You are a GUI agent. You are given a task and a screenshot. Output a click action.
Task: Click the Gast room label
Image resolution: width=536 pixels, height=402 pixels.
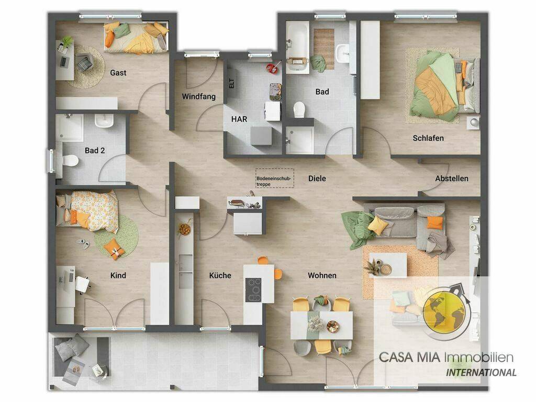point(118,73)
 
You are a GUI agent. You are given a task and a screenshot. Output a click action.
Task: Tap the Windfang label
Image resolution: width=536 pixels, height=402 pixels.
point(198,97)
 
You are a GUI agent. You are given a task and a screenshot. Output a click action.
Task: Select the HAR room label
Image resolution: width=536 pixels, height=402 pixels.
point(239,119)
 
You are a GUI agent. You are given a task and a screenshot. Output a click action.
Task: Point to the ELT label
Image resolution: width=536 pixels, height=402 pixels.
point(232,83)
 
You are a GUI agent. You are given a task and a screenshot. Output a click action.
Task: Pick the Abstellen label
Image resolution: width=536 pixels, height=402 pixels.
point(452,178)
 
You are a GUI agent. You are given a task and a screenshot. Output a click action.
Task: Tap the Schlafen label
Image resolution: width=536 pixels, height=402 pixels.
point(428,138)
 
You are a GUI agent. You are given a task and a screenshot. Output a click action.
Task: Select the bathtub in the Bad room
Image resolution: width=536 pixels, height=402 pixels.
point(297,47)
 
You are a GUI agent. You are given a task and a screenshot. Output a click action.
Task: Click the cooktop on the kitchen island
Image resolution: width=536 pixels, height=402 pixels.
point(253,290)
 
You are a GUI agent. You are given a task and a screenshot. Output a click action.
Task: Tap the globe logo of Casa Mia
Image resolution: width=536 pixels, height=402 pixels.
point(446,312)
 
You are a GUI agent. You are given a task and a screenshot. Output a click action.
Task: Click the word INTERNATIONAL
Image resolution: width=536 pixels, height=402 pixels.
point(481,373)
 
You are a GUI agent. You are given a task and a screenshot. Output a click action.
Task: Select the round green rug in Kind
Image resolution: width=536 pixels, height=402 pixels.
point(117,236)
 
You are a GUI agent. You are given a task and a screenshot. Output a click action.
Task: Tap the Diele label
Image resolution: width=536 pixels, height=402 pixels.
point(317,178)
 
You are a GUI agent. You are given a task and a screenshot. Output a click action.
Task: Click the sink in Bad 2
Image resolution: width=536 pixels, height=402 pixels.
point(104,121)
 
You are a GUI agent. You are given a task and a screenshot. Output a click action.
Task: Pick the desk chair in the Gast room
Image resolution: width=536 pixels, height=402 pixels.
point(84,62)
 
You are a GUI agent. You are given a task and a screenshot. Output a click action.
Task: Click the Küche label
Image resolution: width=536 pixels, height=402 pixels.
point(220,275)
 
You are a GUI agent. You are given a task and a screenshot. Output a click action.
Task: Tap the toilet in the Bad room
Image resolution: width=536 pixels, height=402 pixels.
point(299,109)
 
